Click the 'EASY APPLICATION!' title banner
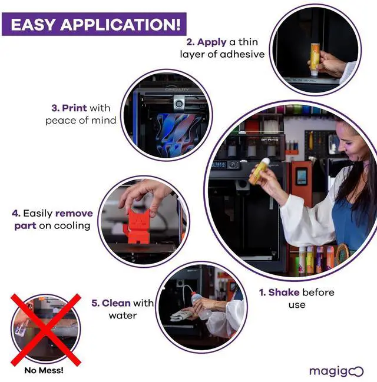[94, 24]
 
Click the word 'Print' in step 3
[74, 108]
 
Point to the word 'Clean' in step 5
[116, 303]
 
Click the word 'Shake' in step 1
[284, 293]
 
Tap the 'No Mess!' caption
[44, 370]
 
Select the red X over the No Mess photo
[45, 328]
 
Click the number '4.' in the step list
[16, 213]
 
